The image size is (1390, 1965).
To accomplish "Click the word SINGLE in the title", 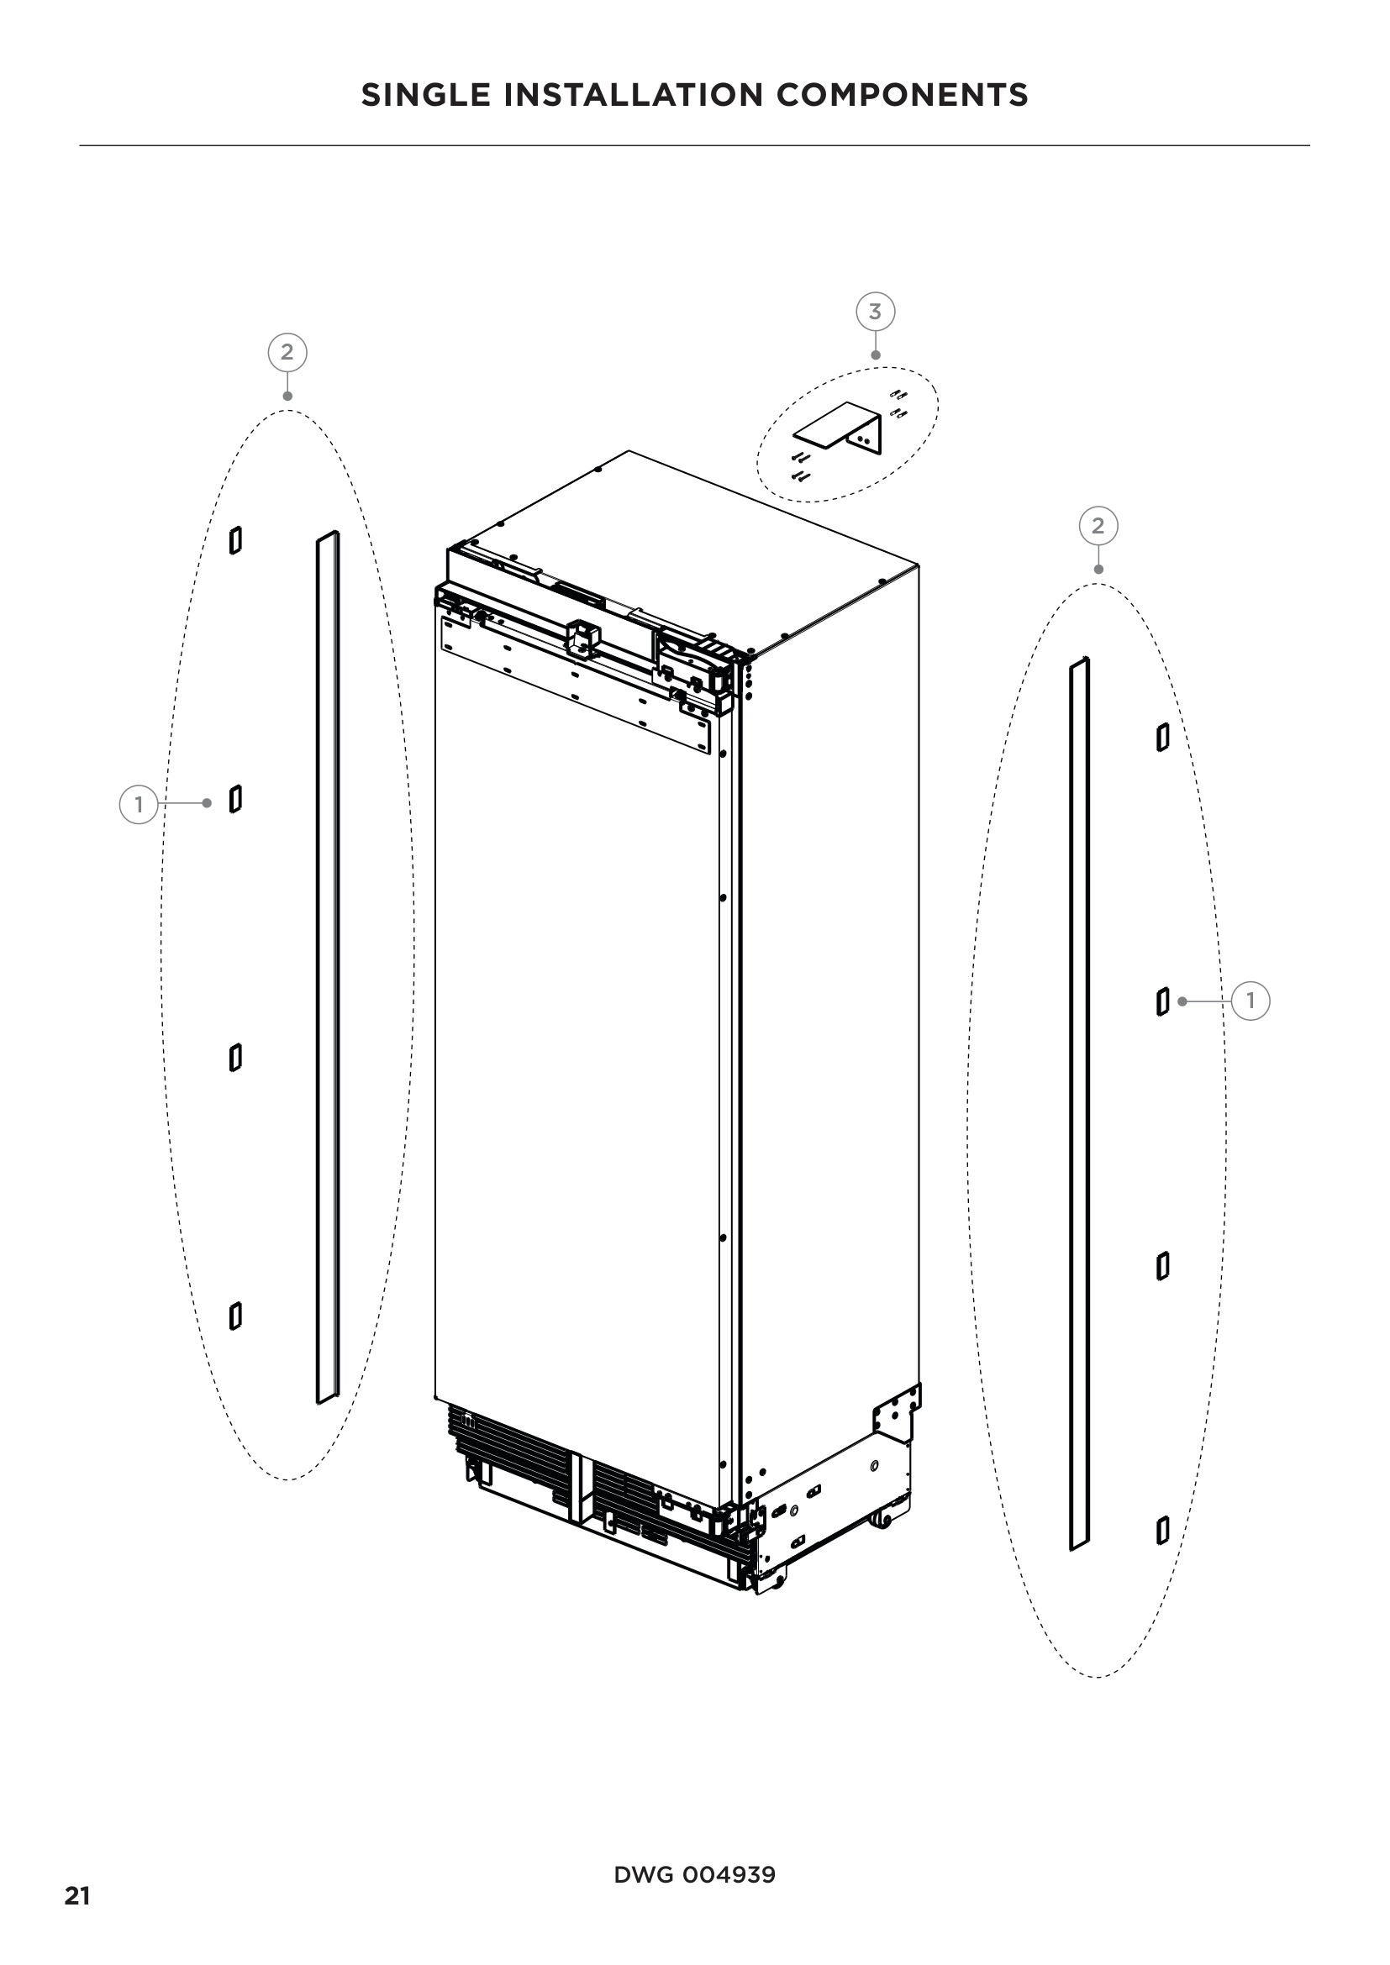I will tap(425, 95).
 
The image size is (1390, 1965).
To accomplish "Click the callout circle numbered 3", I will tap(875, 312).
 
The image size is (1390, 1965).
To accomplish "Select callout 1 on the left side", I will tap(138, 805).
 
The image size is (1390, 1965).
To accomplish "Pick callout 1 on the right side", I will tap(1250, 1001).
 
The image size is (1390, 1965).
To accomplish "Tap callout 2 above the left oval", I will tap(287, 352).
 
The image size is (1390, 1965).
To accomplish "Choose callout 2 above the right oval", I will tap(1098, 524).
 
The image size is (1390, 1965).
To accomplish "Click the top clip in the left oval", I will tap(235, 540).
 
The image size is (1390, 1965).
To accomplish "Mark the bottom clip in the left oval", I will tap(235, 1316).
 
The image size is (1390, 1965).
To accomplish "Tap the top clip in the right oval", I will tap(1162, 737).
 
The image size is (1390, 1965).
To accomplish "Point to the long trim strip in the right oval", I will tap(1079, 1104).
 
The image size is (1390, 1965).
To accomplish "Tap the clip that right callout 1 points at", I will tap(1162, 1001).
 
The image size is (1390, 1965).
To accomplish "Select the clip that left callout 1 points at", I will tap(235, 799).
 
